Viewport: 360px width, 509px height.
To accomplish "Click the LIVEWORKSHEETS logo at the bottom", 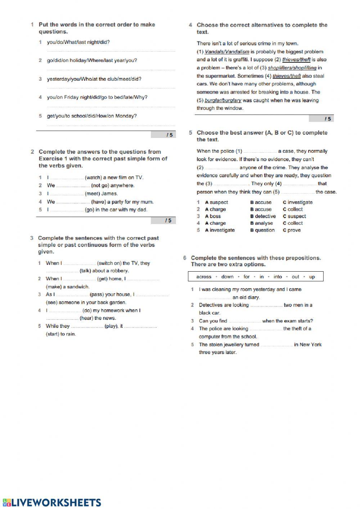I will tap(51, 503).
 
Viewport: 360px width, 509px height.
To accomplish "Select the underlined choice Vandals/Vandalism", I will tap(227, 52).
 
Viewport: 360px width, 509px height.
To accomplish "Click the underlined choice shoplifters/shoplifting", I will tap(292, 68).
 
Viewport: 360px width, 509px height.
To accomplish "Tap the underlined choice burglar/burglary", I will tap(223, 101).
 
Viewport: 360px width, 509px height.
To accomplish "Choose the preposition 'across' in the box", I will tap(204, 277).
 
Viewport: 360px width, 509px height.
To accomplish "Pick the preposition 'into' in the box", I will tap(278, 277).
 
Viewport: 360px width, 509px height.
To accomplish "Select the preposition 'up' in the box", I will tap(312, 277).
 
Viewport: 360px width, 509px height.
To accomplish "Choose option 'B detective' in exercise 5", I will tap(263, 216).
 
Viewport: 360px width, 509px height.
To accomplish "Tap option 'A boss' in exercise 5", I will tap(213, 216).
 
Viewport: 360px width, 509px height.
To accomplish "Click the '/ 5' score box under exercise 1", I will tap(163, 135).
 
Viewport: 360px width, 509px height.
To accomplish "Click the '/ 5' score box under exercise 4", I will tap(321, 119).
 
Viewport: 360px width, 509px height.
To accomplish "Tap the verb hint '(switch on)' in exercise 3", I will tap(109, 263).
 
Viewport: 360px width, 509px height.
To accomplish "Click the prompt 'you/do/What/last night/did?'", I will tap(78, 43).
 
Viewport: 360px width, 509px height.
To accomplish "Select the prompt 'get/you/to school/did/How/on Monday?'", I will tap(92, 116).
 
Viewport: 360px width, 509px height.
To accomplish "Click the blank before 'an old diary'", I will tap(215, 298).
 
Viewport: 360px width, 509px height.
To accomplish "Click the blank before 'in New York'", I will tap(276, 345).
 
